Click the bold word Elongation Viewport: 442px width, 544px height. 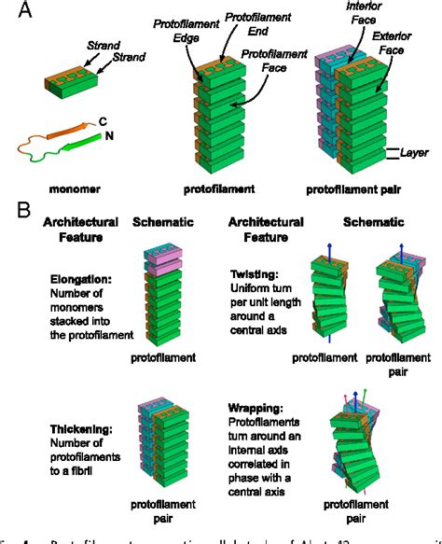pos(66,301)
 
